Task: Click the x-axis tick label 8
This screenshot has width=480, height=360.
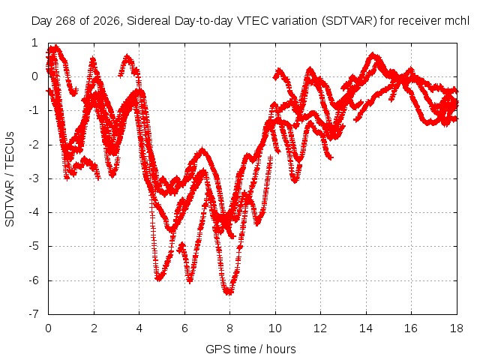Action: (x=230, y=328)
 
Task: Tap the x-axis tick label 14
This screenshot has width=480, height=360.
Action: (x=366, y=328)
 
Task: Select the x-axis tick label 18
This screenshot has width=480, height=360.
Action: (x=457, y=328)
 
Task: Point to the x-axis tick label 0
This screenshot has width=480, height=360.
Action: (x=48, y=328)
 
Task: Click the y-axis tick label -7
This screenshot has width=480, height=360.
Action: (x=34, y=314)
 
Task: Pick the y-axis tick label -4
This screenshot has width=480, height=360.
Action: (x=34, y=212)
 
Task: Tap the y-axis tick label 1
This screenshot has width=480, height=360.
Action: (x=35, y=43)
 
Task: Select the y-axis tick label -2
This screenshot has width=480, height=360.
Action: (x=34, y=145)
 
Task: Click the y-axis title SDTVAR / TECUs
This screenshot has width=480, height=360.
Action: (x=10, y=179)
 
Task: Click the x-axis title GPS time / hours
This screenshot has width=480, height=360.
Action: (x=250, y=349)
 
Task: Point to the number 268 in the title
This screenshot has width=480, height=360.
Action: (x=66, y=21)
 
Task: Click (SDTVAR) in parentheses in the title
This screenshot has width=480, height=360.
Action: (x=349, y=21)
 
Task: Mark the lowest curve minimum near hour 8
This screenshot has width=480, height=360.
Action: (x=229, y=292)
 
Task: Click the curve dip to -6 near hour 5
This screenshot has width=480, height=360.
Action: (x=158, y=278)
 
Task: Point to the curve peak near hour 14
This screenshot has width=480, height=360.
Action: (x=373, y=55)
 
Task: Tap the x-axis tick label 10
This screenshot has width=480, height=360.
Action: (x=275, y=328)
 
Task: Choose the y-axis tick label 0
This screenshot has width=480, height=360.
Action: (x=35, y=76)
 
